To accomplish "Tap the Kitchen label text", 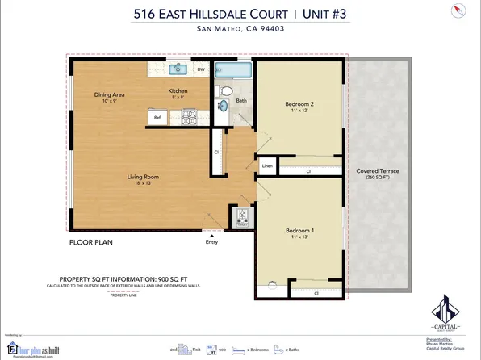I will point(178,91).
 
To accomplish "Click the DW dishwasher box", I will point(201,69).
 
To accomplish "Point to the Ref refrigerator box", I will point(158,118).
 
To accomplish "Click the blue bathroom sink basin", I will point(224,106).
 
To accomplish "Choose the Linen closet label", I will point(267,167).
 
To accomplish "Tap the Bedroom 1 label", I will point(299,231).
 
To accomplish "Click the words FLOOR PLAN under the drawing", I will point(90,241).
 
